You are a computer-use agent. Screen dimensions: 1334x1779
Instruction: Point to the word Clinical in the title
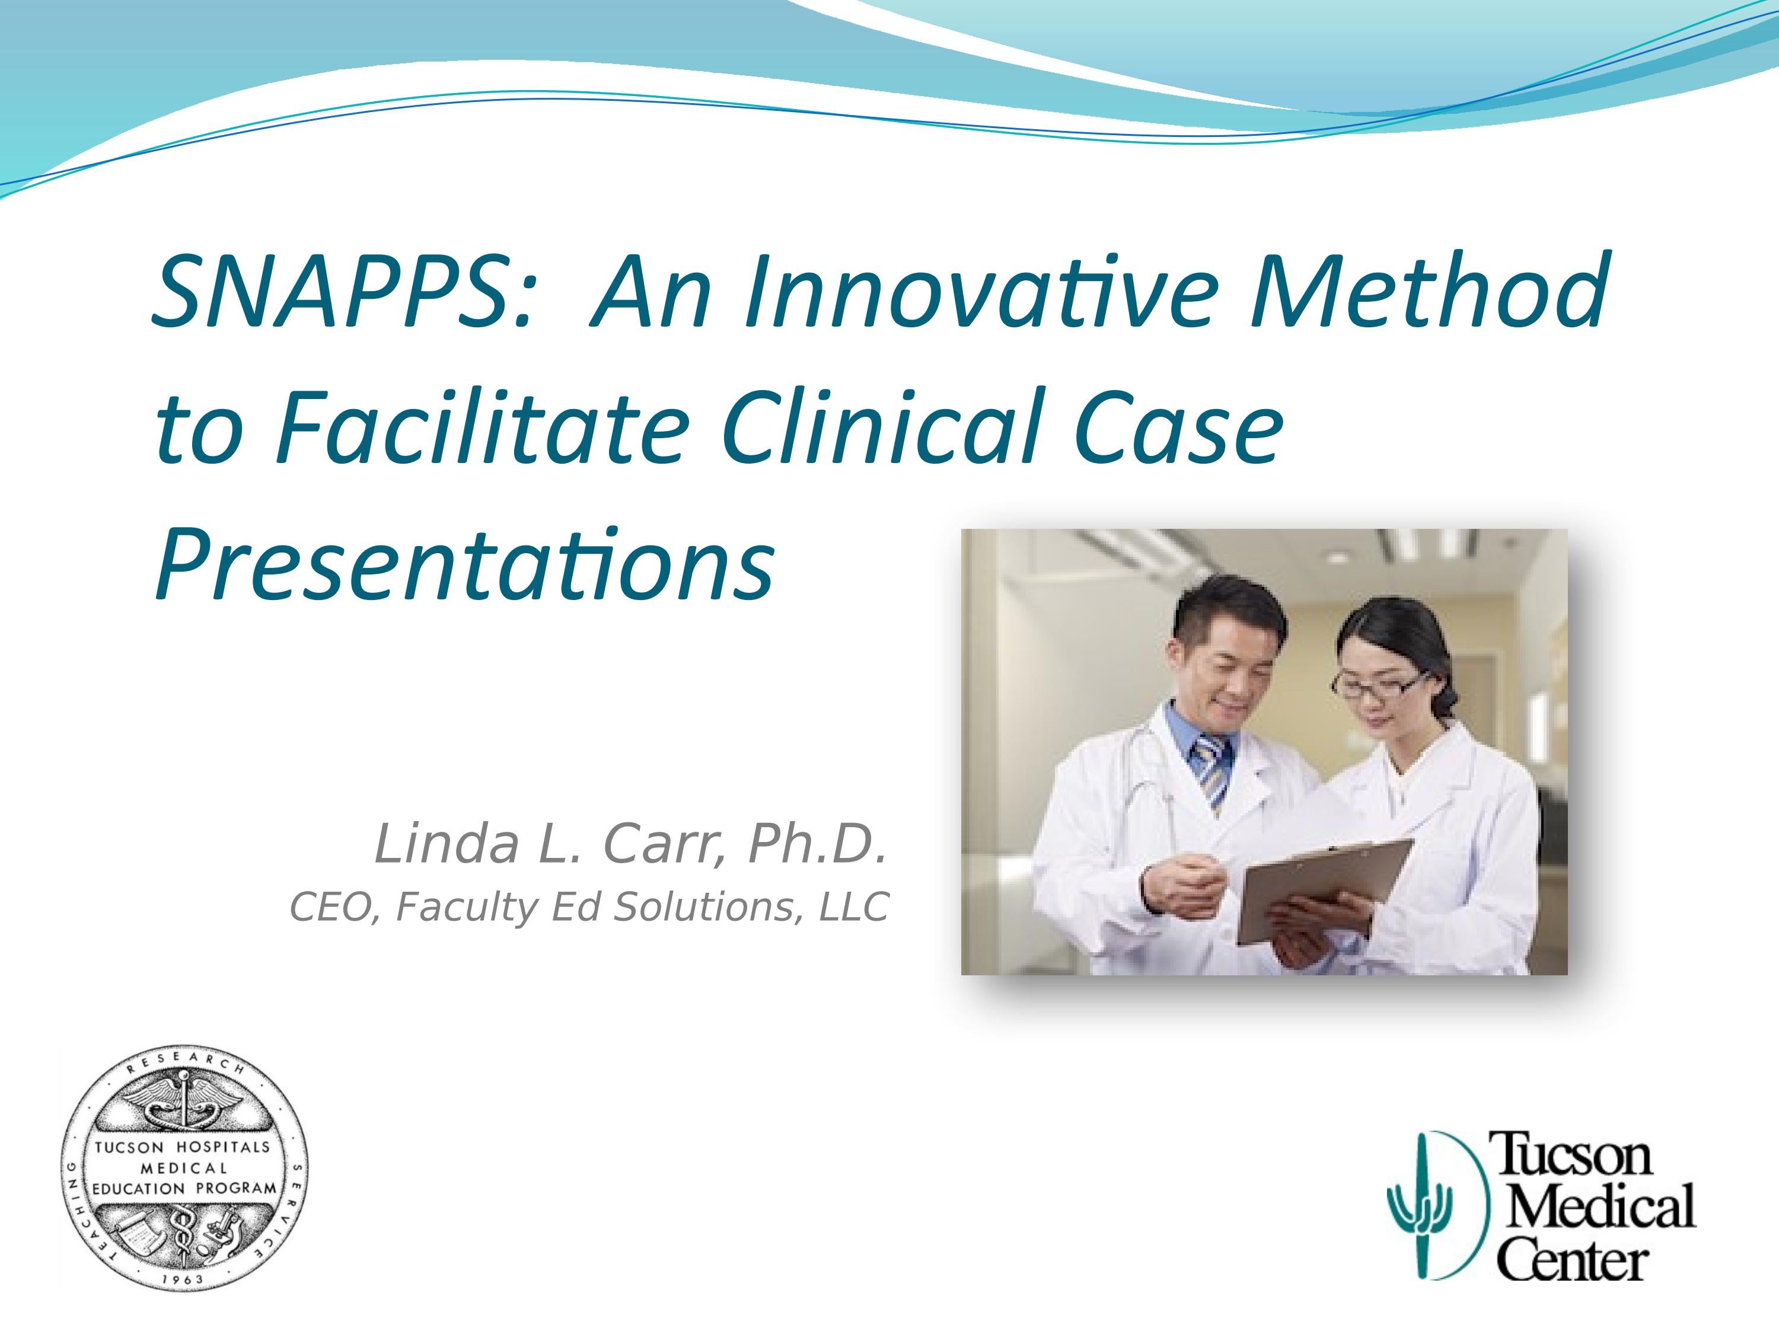[876, 428]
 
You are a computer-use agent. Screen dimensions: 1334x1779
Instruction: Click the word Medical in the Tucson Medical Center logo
[1601, 1206]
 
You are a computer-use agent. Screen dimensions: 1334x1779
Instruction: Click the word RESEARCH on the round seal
[186, 1063]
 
